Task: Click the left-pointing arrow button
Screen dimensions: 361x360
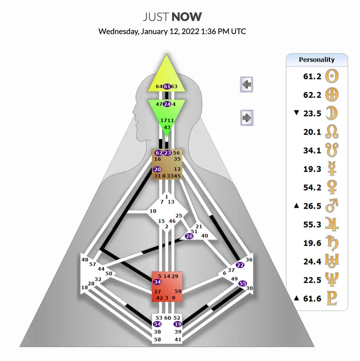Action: [247, 85]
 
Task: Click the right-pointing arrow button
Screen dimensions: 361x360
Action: [247, 117]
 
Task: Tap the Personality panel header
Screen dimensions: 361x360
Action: [317, 59]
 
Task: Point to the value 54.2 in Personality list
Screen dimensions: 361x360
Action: [312, 187]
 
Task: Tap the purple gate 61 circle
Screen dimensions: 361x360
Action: [167, 86]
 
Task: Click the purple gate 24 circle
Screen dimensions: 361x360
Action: [167, 104]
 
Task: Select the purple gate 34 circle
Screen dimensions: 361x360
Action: [157, 282]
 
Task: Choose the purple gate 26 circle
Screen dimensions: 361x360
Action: [189, 236]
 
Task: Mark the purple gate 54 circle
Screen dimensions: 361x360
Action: [157, 324]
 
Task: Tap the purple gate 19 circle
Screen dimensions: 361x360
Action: [178, 324]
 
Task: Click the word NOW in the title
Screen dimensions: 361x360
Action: [186, 17]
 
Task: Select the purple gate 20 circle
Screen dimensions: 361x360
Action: [157, 169]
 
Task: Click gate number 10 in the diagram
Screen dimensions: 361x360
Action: [153, 211]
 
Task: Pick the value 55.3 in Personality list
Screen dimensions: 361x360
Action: [312, 224]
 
